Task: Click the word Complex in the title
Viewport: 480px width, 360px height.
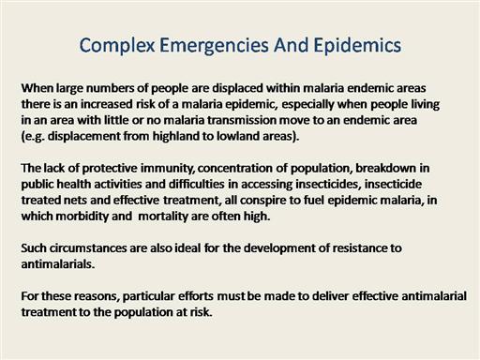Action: point(117,46)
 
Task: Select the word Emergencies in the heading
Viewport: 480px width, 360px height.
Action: point(214,46)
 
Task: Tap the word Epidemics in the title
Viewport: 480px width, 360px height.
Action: point(357,45)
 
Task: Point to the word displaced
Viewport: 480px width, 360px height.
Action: point(237,88)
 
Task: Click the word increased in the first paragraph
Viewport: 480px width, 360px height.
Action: point(107,104)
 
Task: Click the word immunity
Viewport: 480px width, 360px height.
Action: point(167,169)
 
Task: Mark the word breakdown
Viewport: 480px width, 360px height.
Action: point(385,169)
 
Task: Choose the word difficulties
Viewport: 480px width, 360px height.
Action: point(197,184)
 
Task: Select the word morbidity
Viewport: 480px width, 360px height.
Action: point(82,217)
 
